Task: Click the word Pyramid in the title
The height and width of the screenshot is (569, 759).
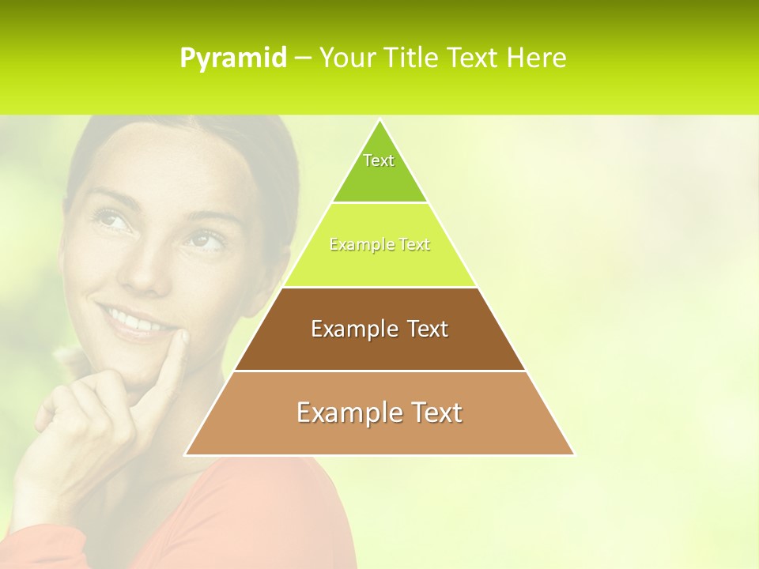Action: click(x=232, y=58)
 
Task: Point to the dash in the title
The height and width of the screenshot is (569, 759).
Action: click(x=303, y=58)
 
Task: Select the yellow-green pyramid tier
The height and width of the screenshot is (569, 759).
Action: click(x=379, y=245)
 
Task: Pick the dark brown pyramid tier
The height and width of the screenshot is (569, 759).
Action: click(x=379, y=329)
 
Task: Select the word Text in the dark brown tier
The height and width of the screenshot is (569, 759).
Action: click(x=429, y=329)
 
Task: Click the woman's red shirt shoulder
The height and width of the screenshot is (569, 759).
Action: click(x=261, y=506)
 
